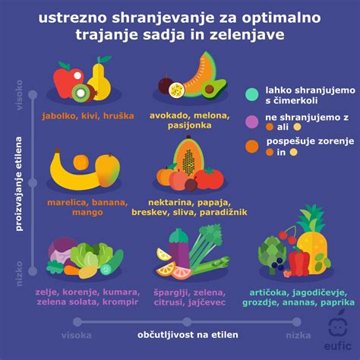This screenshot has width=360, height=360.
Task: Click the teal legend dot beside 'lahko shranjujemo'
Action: (x=251, y=94)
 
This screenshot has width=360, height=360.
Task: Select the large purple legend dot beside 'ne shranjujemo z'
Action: (x=251, y=120)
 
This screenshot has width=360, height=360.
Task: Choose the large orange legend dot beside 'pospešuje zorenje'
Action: (x=251, y=144)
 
